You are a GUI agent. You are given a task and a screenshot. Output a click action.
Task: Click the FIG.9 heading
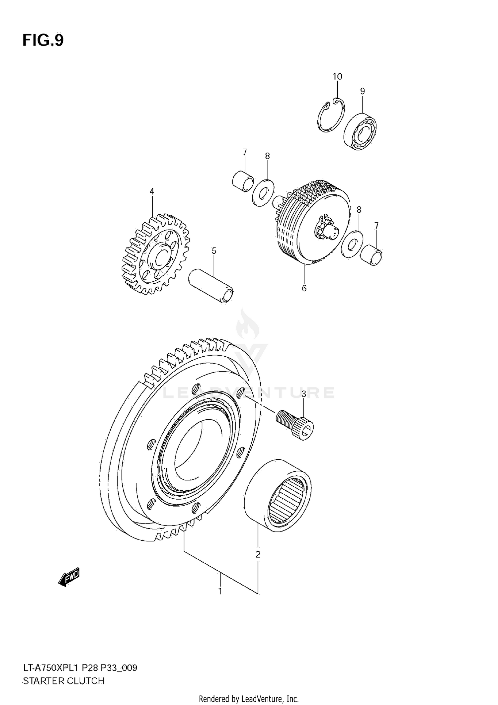click(43, 40)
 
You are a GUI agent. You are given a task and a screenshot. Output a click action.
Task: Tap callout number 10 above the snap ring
click(337, 77)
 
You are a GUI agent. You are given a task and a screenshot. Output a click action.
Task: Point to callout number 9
click(363, 91)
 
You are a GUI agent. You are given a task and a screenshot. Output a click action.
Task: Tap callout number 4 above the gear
click(152, 191)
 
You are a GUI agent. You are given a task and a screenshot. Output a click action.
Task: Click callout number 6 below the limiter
click(304, 288)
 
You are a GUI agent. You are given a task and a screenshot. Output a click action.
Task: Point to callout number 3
click(303, 394)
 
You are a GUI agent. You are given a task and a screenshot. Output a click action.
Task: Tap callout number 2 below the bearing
click(258, 554)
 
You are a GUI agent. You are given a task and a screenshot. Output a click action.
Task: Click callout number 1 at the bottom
click(220, 591)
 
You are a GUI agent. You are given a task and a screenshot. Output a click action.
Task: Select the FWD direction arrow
click(69, 577)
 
